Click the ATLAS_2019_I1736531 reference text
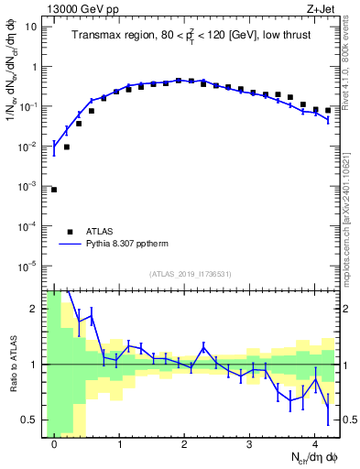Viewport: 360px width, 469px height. point(191,274)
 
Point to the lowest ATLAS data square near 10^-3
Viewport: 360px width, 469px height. point(54,190)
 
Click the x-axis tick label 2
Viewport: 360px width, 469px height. point(184,444)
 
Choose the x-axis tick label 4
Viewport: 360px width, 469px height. point(314,444)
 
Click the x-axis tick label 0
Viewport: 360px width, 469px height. point(54,444)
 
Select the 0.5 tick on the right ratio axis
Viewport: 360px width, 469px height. point(348,420)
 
